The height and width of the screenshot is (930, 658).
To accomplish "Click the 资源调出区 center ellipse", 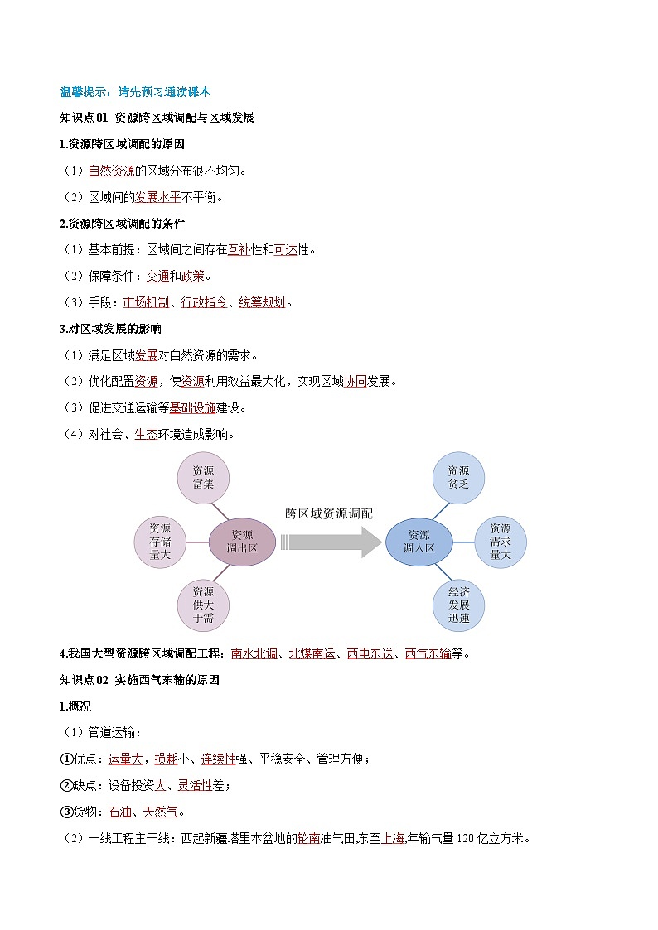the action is [x=242, y=542].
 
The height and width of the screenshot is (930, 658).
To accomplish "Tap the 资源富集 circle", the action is [x=203, y=477].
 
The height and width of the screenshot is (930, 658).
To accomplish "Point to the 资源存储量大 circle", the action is [x=160, y=542].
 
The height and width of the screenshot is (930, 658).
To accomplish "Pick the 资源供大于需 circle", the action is [x=203, y=605].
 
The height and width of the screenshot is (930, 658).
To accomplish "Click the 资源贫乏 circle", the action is [x=458, y=477].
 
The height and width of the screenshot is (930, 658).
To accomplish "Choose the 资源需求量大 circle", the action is [x=501, y=542].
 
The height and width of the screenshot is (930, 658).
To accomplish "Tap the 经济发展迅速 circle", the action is [x=458, y=605].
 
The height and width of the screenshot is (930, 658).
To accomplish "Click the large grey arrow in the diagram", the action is [x=329, y=542].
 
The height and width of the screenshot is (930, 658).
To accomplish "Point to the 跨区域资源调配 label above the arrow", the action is [x=329, y=513].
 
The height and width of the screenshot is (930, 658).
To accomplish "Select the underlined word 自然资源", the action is [x=111, y=171].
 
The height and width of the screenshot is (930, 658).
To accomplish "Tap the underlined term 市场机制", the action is [x=146, y=302].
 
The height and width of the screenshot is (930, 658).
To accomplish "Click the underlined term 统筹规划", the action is [x=262, y=302].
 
